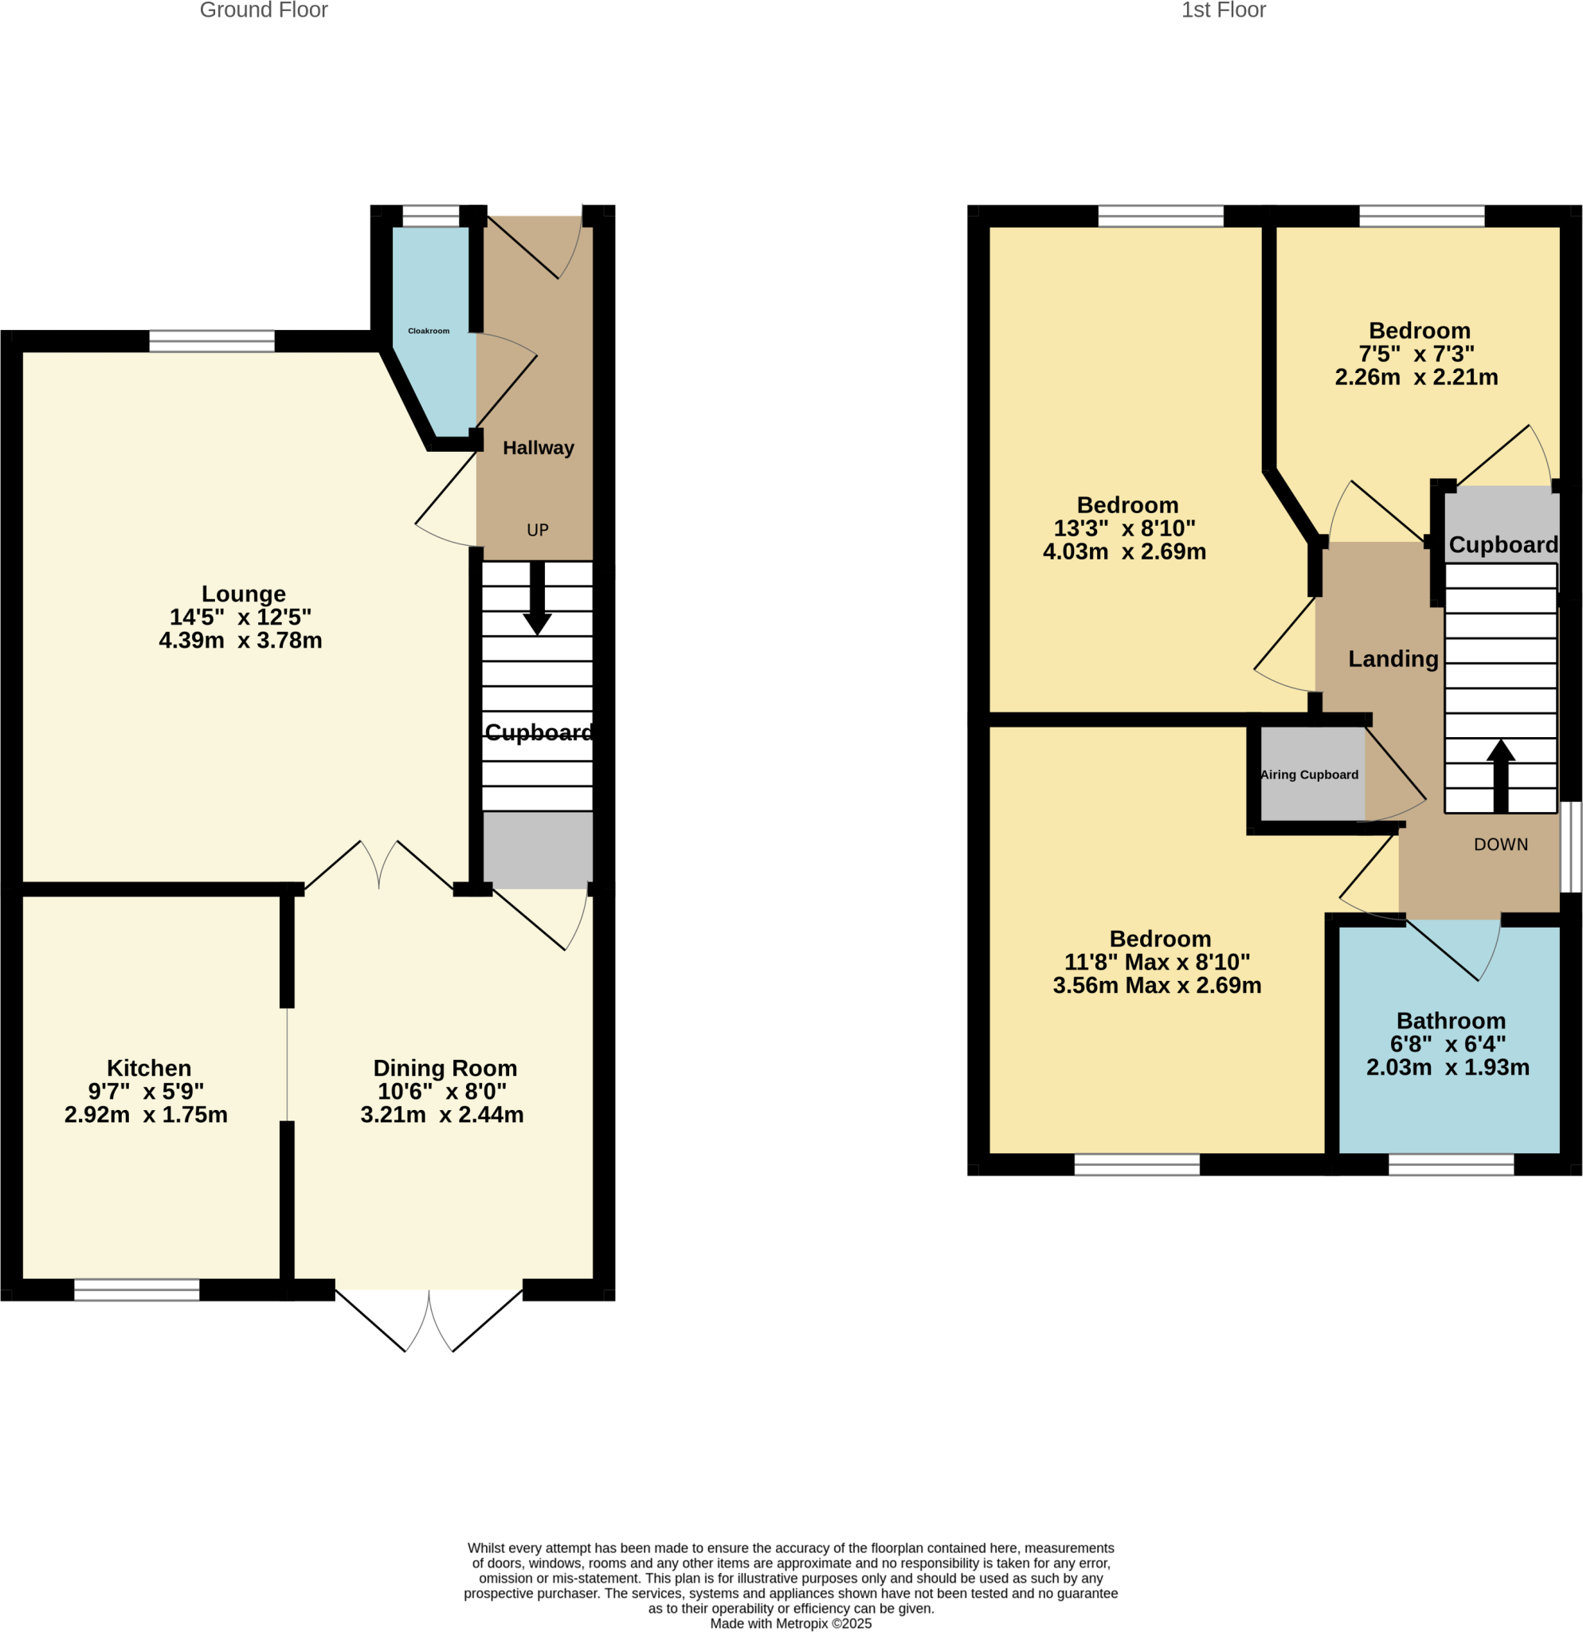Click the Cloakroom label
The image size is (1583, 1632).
[429, 331]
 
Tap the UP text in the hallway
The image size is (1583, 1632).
[538, 530]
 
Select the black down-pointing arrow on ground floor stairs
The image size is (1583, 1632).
[538, 600]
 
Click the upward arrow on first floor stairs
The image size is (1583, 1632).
[1501, 775]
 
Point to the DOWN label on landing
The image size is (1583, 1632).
[1501, 845]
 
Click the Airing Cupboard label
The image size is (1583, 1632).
[1309, 775]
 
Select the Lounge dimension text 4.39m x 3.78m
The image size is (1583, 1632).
[241, 641]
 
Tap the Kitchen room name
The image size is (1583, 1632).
[149, 1068]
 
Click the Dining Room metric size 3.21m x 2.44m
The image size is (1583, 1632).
[442, 1114]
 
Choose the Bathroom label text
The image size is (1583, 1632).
[1451, 1020]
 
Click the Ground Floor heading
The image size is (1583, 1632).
[264, 11]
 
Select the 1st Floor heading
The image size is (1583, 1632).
[1224, 11]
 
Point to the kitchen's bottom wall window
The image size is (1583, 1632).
[137, 1290]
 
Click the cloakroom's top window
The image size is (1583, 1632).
[430, 217]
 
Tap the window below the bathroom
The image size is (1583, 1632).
[1451, 1164]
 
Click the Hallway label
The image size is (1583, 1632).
[539, 448]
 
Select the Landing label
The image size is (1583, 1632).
[1393, 659]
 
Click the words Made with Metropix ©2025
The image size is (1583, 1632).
[790, 1623]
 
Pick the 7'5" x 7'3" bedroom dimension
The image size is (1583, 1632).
[1416, 354]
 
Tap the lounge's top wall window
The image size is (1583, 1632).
[211, 341]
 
